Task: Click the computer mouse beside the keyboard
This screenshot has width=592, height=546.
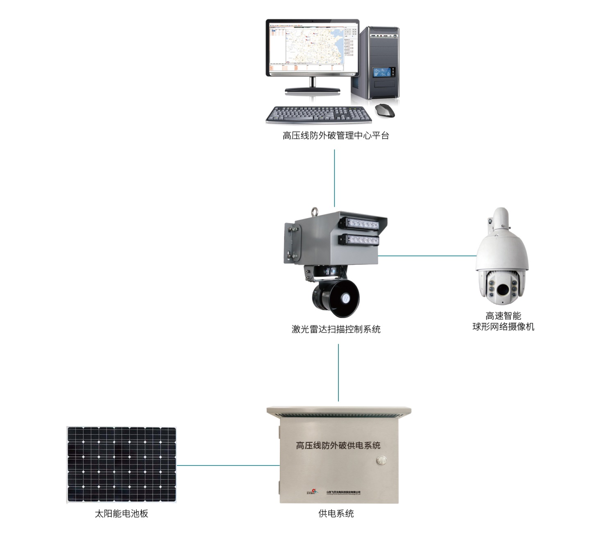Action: click(386, 110)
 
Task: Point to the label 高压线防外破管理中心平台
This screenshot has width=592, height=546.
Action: click(336, 135)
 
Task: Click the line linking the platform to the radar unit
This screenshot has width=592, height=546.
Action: click(334, 178)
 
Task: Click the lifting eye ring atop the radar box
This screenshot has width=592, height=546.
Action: click(315, 212)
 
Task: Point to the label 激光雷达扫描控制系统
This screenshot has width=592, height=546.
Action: click(336, 329)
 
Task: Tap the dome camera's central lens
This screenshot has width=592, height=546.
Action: click(502, 289)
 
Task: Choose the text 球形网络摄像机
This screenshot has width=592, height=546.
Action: click(503, 327)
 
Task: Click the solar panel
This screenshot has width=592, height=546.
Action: click(121, 465)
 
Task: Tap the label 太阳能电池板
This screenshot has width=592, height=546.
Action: click(121, 514)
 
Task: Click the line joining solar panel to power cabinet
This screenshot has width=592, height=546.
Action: click(228, 465)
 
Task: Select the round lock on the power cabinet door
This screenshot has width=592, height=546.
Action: click(381, 460)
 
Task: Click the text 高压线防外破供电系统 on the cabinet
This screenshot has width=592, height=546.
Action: click(338, 445)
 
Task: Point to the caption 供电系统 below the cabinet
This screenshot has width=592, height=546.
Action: click(336, 513)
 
